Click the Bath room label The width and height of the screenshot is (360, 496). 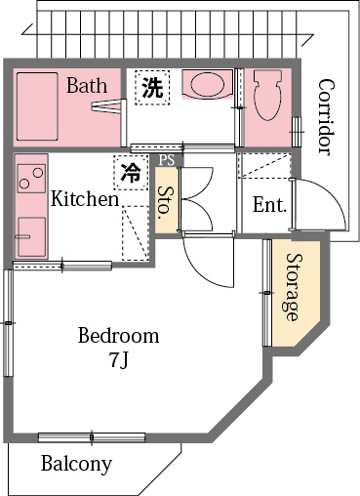click(x=87, y=86)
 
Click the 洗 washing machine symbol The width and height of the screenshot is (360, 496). click(x=152, y=87)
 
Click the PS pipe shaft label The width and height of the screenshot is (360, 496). click(x=168, y=159)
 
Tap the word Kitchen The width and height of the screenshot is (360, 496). click(x=85, y=199)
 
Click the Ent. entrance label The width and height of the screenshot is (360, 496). click(x=269, y=205)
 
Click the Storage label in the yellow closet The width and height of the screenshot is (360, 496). click(x=292, y=288)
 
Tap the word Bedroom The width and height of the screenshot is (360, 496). click(x=118, y=336)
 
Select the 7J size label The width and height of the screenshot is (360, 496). click(x=118, y=360)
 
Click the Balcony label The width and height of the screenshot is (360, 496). click(x=76, y=464)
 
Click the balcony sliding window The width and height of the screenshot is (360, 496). click(x=91, y=436)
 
